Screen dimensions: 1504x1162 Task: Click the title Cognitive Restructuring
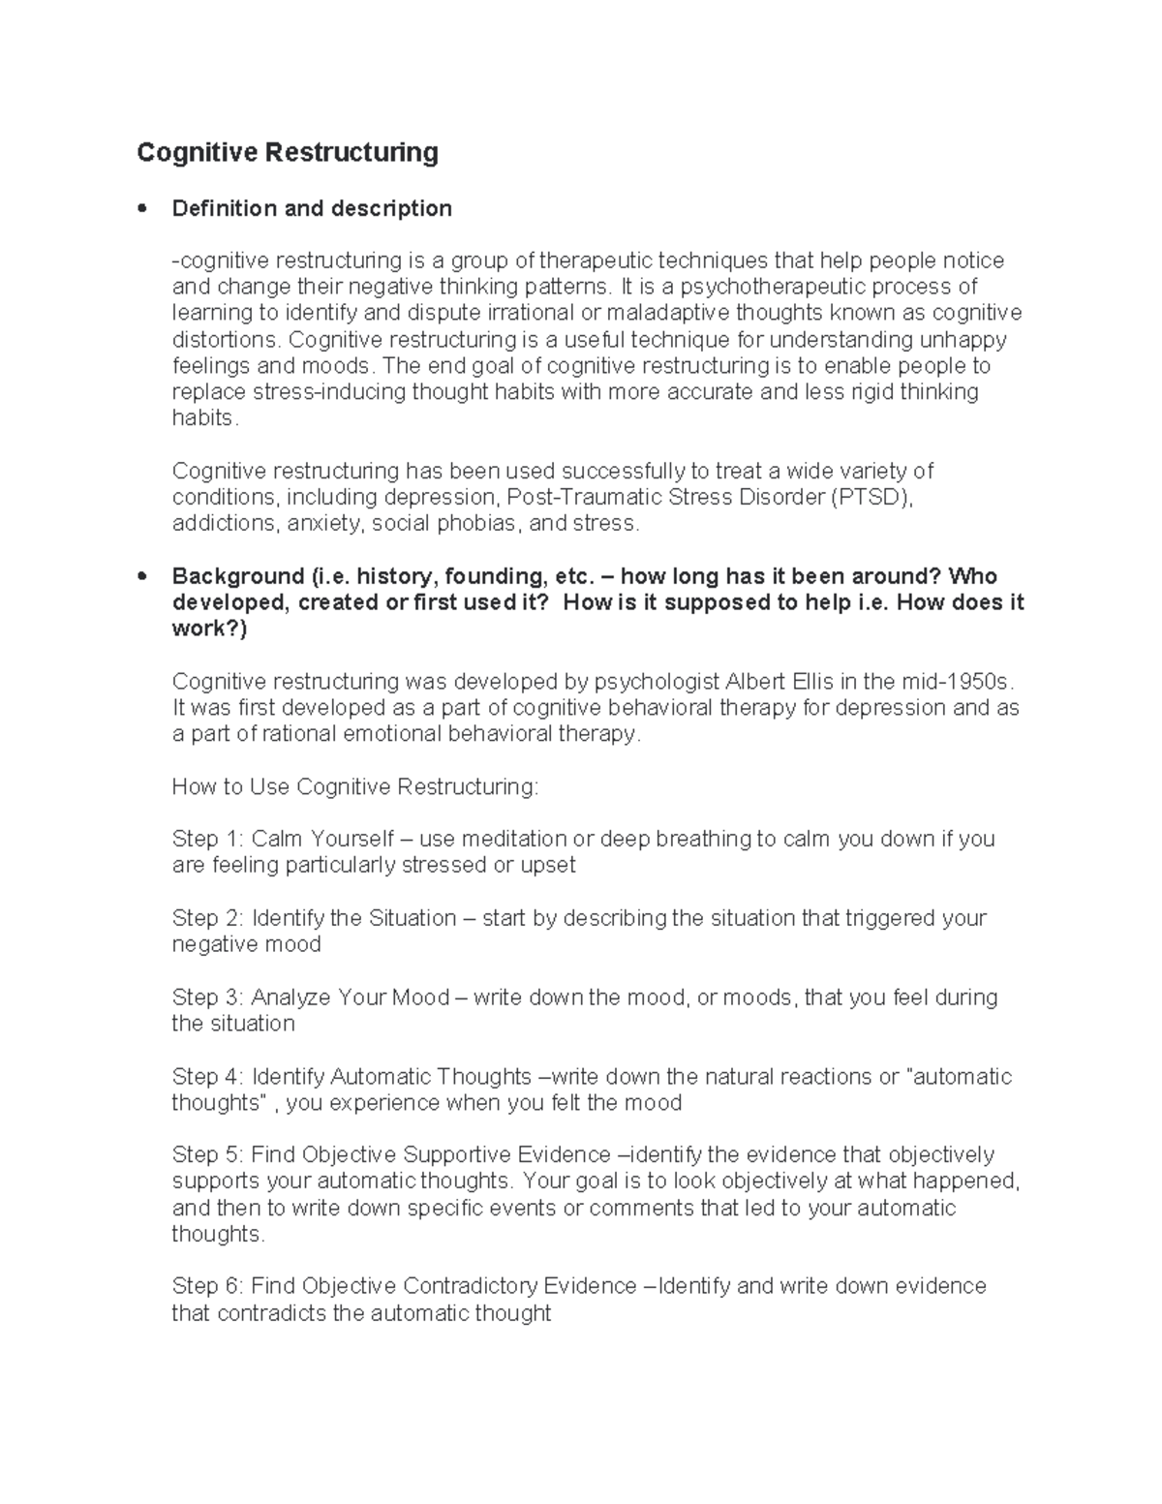click(287, 153)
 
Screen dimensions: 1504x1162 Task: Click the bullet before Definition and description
click(142, 208)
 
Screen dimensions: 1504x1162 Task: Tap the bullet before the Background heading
click(142, 576)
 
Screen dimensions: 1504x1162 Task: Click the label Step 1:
click(207, 839)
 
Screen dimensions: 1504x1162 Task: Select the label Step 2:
click(207, 918)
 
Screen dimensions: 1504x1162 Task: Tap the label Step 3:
click(207, 998)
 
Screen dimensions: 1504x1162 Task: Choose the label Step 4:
click(207, 1077)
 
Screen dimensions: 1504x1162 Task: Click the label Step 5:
click(207, 1155)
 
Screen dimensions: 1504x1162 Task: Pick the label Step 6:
click(207, 1287)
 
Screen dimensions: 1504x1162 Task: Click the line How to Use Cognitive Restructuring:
click(354, 786)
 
